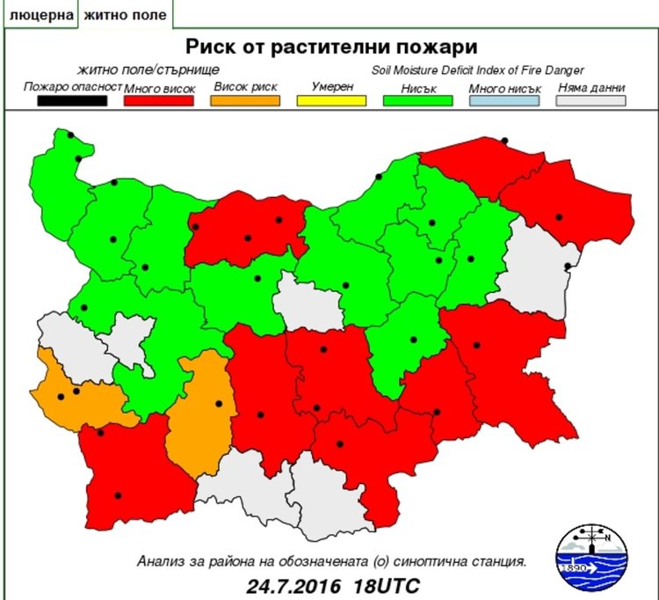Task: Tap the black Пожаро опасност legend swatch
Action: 71,100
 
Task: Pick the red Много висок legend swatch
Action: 158,100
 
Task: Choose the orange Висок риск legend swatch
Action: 245,100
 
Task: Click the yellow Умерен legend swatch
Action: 332,100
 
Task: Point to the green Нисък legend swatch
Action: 419,100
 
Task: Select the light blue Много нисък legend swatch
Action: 505,100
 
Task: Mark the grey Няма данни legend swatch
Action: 592,100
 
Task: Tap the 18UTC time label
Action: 387,584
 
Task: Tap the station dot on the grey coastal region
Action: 568,267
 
